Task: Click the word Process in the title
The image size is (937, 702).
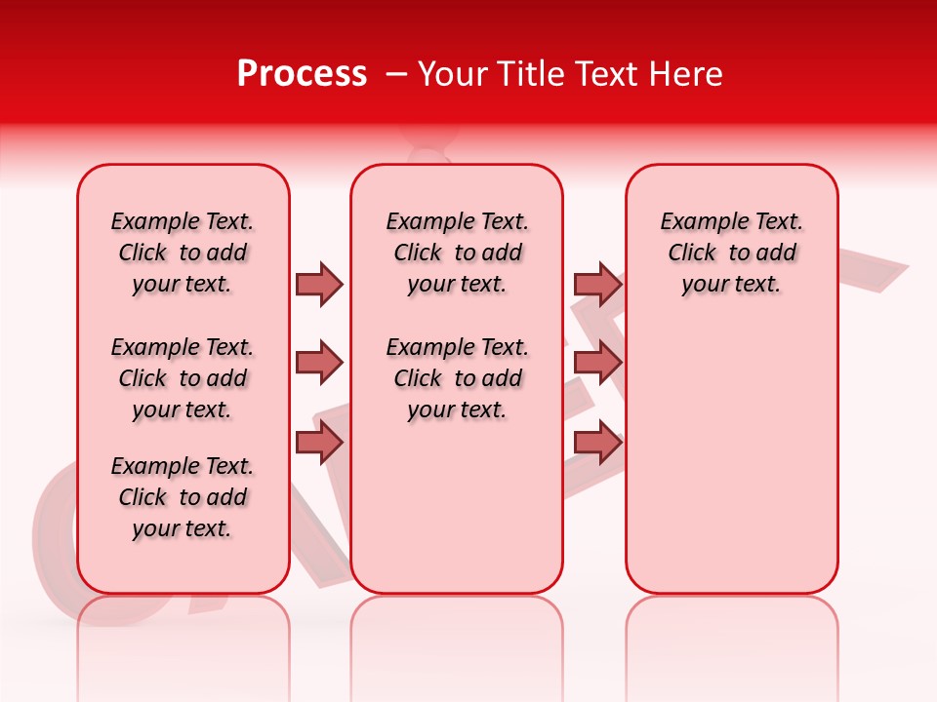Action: click(302, 74)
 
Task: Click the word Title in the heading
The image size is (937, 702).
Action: click(531, 74)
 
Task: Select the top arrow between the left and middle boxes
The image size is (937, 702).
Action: click(319, 284)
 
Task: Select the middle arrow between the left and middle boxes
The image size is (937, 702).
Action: click(319, 364)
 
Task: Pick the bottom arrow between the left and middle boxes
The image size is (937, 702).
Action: click(319, 442)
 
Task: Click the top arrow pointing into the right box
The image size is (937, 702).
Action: click(597, 284)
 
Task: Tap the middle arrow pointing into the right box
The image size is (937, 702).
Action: click(597, 364)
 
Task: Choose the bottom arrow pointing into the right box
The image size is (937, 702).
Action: click(597, 442)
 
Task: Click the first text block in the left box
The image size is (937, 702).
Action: click(183, 253)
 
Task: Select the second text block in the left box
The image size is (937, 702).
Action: click(183, 378)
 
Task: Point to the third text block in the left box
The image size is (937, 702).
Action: click(183, 497)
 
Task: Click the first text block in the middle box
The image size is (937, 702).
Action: click(457, 253)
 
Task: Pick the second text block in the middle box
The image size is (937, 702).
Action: click(457, 378)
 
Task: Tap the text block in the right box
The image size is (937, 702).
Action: click(731, 253)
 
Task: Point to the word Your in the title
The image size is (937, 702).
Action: click(452, 74)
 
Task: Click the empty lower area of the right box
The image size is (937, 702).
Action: click(731, 458)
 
